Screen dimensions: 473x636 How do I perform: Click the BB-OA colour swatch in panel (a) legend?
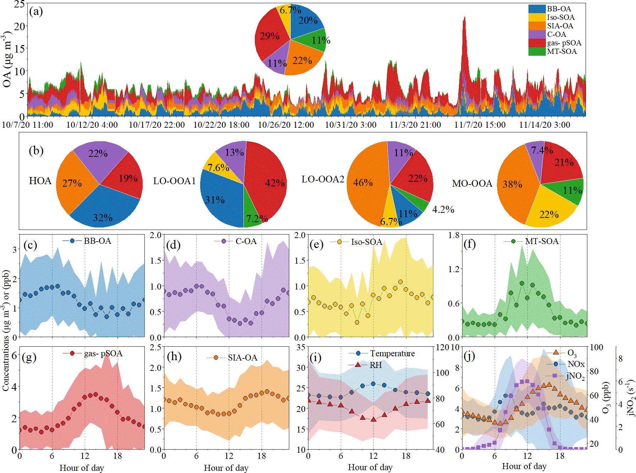[537, 9]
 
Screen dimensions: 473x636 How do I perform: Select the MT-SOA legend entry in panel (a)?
[561, 51]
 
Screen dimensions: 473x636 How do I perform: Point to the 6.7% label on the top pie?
[290, 10]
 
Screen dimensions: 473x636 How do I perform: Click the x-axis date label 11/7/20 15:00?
[480, 125]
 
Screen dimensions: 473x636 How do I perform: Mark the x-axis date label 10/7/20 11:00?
[27, 125]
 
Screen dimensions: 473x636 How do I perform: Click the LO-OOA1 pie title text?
[174, 181]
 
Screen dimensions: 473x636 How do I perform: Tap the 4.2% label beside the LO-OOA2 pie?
[443, 209]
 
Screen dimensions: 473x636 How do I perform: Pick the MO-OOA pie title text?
[472, 183]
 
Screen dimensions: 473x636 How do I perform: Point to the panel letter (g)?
[29, 357]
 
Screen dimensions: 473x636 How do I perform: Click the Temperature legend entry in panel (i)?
[392, 353]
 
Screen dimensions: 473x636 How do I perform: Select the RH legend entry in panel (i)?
[375, 365]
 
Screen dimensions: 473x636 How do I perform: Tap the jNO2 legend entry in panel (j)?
[575, 375]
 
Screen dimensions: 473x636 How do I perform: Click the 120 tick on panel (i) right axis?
[442, 347]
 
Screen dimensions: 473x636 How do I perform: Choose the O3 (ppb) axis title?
[605, 397]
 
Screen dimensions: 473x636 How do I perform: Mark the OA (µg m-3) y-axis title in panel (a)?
[7, 59]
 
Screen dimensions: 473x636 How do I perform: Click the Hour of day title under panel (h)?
[226, 468]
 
